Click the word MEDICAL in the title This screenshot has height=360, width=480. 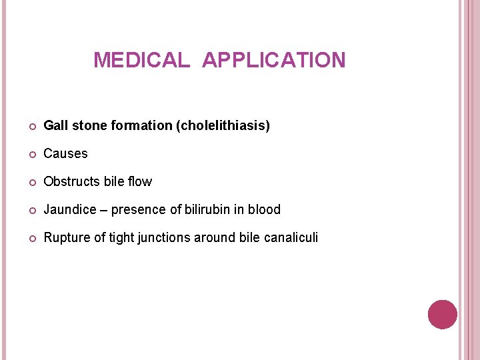click(141, 61)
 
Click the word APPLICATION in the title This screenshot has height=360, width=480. click(274, 61)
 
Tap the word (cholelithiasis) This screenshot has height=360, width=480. click(223, 125)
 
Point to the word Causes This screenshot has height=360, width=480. click(65, 153)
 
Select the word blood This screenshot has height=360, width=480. click(264, 209)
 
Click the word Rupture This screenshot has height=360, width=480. click(65, 237)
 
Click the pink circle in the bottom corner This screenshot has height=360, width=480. click(443, 314)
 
